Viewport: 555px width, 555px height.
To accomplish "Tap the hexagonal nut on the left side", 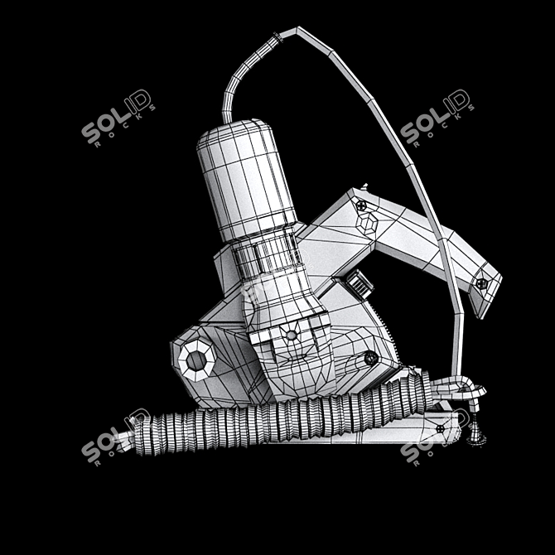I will [196, 359].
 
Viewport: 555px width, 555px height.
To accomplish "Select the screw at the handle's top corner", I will [362, 203].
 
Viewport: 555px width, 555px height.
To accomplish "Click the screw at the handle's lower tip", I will [482, 283].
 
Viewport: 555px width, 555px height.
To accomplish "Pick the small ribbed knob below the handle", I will [358, 282].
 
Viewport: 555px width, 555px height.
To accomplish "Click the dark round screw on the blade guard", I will [370, 358].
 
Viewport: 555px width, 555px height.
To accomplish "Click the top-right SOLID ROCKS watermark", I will [437, 118].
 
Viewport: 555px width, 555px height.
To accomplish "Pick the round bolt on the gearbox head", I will [291, 334].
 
